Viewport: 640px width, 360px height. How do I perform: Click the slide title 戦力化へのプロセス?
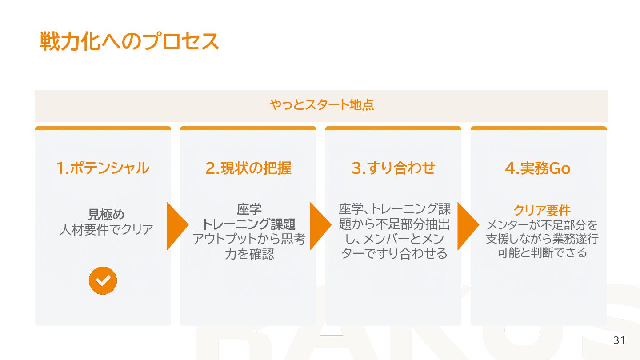[x=129, y=41]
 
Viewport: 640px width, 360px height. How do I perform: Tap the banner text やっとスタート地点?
[x=321, y=105]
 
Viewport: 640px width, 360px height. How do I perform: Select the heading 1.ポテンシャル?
[x=103, y=168]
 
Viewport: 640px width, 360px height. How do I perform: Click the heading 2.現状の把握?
[x=248, y=168]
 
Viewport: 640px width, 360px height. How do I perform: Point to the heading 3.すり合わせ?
[x=393, y=168]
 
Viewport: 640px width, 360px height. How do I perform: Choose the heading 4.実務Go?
[x=538, y=168]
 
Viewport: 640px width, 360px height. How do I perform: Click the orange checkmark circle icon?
[x=103, y=280]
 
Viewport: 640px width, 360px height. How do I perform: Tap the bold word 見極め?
[x=106, y=215]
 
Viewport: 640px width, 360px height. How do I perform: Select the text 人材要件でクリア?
[x=106, y=230]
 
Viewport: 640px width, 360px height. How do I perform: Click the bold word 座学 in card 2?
[x=249, y=209]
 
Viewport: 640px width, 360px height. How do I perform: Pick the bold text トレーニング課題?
[x=249, y=224]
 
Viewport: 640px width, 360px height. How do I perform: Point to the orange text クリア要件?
[x=542, y=210]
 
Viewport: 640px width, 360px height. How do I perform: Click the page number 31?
[x=619, y=341]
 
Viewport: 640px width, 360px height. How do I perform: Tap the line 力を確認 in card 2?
[x=249, y=254]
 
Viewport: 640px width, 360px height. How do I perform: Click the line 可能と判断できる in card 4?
[x=542, y=253]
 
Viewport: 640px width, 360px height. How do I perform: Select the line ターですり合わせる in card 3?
[x=394, y=254]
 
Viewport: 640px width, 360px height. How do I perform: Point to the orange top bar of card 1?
[x=103, y=128]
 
